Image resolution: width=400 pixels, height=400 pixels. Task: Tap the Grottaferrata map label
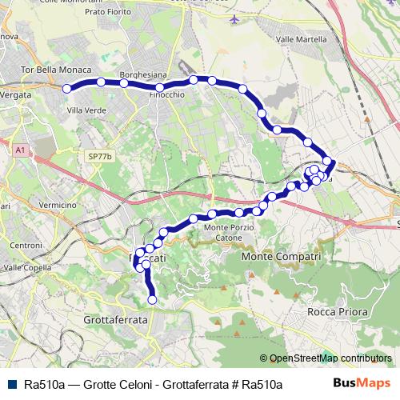[x=116, y=318]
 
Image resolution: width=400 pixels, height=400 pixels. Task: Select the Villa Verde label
[x=87, y=110]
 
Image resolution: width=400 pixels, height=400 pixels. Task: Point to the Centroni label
[x=26, y=244]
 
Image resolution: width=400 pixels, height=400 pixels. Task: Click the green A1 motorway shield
[x=20, y=150]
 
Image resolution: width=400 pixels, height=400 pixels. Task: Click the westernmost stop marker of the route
[x=67, y=89]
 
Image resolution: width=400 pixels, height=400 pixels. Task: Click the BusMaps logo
[x=362, y=383]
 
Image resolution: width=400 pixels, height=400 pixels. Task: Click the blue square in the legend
[x=13, y=384]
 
